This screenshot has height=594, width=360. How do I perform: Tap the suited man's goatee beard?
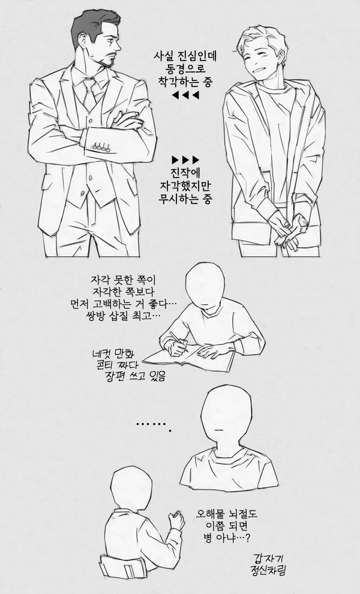pos(107,61)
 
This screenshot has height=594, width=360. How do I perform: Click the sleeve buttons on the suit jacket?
pos(102,146)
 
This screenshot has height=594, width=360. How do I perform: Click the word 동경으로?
pos(184,69)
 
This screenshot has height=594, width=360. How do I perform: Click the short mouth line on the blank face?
pos(219,428)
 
